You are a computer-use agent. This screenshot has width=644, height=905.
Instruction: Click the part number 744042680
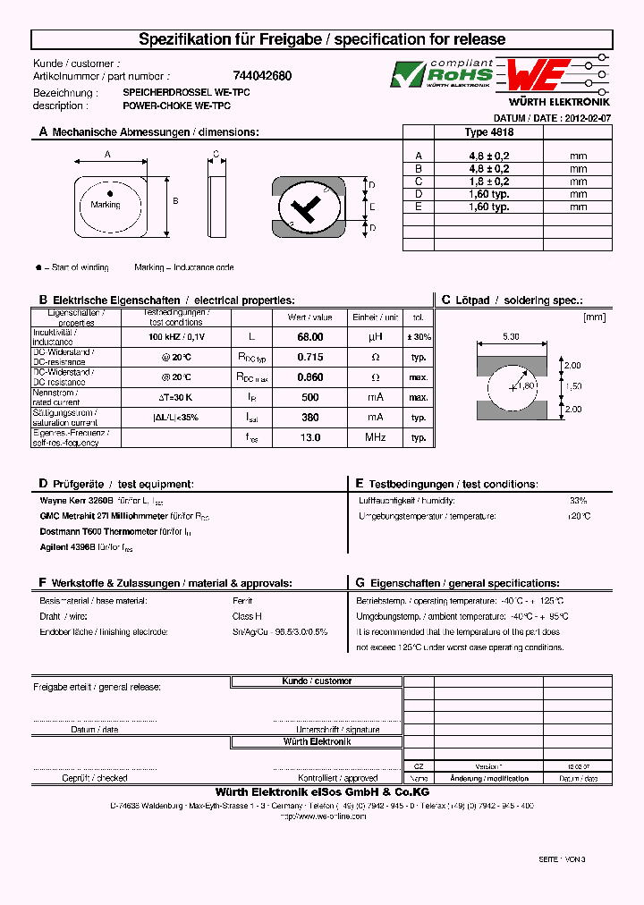point(262,77)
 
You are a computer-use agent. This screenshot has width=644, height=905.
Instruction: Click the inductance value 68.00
point(309,337)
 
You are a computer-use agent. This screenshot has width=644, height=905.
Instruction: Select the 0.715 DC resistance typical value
point(309,357)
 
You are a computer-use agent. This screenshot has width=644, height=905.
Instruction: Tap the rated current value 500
point(309,397)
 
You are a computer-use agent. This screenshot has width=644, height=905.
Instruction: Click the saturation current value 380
point(309,417)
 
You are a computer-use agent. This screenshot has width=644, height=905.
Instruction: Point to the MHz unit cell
point(375,437)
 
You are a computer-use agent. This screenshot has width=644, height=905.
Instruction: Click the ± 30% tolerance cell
point(418,337)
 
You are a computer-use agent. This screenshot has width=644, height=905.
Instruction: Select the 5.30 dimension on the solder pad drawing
point(511,336)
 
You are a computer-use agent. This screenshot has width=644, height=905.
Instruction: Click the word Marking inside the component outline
point(106,205)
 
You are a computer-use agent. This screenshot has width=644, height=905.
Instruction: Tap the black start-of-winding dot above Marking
point(110,193)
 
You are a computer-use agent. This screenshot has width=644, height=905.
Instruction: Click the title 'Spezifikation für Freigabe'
point(197,39)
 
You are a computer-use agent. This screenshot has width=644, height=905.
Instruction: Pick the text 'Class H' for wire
point(247,616)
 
